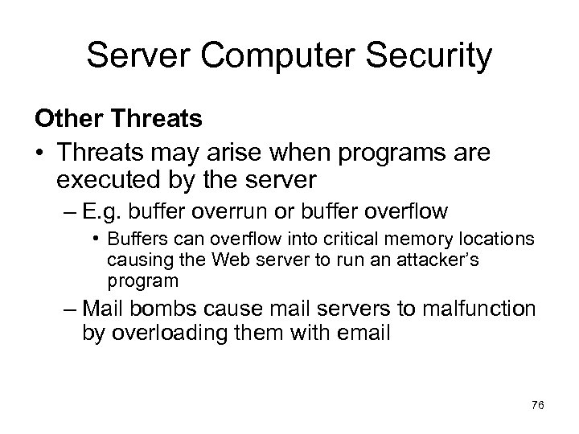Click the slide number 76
coord(537,407)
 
